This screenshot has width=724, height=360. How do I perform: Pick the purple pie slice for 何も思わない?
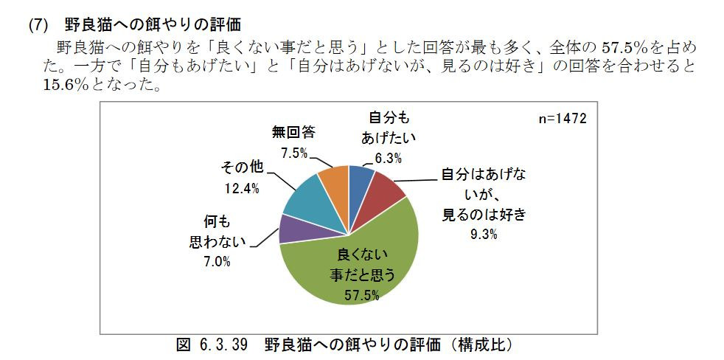(x=293, y=228)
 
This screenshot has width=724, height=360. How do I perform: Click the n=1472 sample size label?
(x=562, y=119)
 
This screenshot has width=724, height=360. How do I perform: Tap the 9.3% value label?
(x=481, y=235)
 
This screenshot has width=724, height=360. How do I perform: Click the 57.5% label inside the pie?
(x=362, y=295)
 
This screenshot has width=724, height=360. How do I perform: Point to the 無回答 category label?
(x=293, y=133)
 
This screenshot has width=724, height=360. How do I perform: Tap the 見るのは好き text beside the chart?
(x=484, y=215)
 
